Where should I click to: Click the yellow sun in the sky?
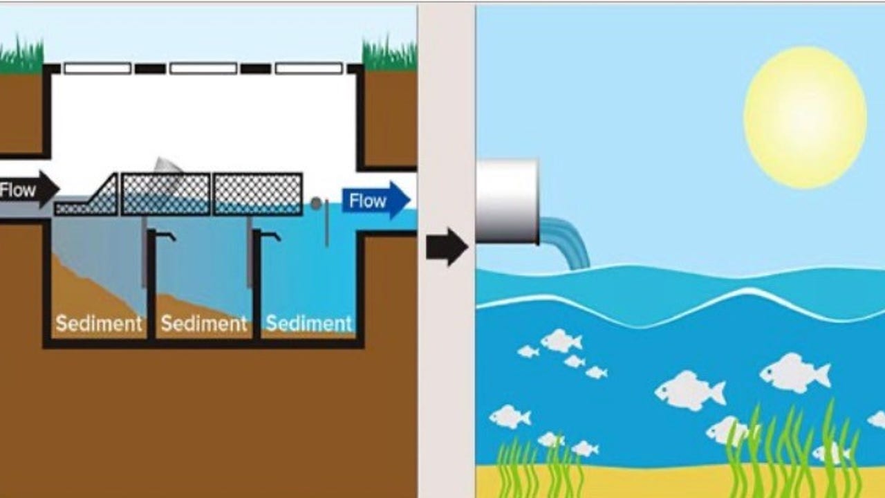point(805,118)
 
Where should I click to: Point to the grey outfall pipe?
point(507,201)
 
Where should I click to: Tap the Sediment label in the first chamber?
point(99,323)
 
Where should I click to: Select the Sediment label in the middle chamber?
point(204,323)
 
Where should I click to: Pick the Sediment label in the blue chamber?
point(309,323)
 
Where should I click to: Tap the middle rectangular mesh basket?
point(166,194)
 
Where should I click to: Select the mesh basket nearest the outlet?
point(257,194)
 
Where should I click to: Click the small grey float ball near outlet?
point(316,204)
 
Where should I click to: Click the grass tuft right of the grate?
point(390,54)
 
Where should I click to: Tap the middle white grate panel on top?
point(203,68)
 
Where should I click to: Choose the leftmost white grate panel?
point(97,68)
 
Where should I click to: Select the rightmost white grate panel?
point(309,68)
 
